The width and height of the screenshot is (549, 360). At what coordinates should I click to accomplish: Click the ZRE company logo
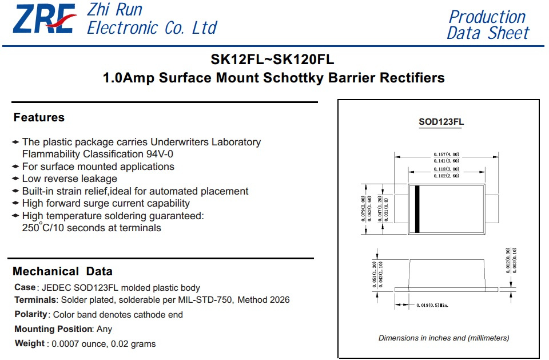(x=45, y=19)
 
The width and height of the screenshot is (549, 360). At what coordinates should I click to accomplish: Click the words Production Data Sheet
(x=488, y=25)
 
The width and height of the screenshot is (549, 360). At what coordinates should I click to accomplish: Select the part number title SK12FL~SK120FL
(x=272, y=60)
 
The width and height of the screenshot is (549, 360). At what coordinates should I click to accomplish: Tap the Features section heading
(x=39, y=117)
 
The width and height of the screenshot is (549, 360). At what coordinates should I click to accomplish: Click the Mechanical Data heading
(x=63, y=271)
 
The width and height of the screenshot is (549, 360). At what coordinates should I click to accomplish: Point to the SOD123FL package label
(x=441, y=122)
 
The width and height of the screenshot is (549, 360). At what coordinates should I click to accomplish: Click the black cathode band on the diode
(x=417, y=209)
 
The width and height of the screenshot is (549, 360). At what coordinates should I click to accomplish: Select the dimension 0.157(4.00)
(x=447, y=154)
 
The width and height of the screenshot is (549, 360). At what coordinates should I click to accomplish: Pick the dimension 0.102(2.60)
(x=447, y=176)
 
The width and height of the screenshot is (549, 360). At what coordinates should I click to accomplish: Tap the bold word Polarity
(x=31, y=314)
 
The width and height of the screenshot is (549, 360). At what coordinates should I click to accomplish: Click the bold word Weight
(x=30, y=343)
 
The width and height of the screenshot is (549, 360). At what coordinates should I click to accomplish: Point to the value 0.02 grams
(x=133, y=344)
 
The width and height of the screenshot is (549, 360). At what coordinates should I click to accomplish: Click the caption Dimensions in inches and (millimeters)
(x=444, y=338)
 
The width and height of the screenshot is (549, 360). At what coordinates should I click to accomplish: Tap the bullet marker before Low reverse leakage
(x=15, y=179)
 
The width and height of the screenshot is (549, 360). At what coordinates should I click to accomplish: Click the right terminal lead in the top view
(x=492, y=209)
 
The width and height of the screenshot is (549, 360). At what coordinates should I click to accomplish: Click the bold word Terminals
(x=35, y=300)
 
